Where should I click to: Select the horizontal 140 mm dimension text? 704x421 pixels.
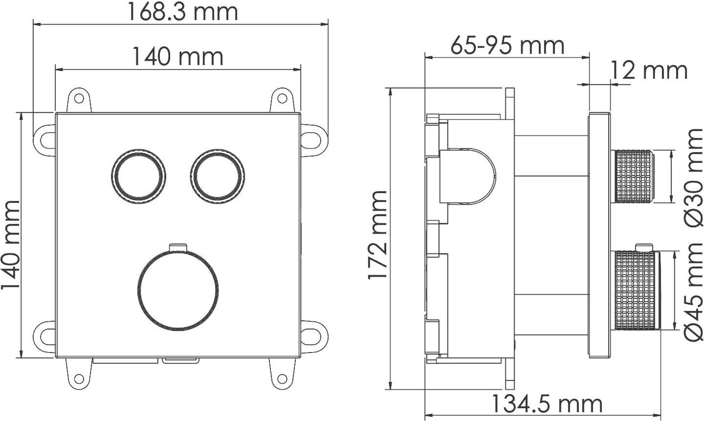coord(178,57)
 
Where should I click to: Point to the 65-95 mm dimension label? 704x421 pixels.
coord(508,46)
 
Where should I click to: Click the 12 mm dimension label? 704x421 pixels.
coord(648,71)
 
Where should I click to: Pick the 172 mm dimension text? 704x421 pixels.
coord(377,235)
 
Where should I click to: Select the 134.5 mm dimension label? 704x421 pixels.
coord(547,404)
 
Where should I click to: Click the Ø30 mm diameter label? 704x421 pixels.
coord(694,178)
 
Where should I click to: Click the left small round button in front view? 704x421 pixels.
coord(138,176)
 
